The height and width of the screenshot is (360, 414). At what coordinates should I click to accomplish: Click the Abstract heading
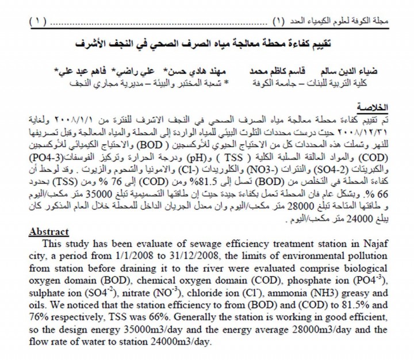[x=48, y=232]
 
